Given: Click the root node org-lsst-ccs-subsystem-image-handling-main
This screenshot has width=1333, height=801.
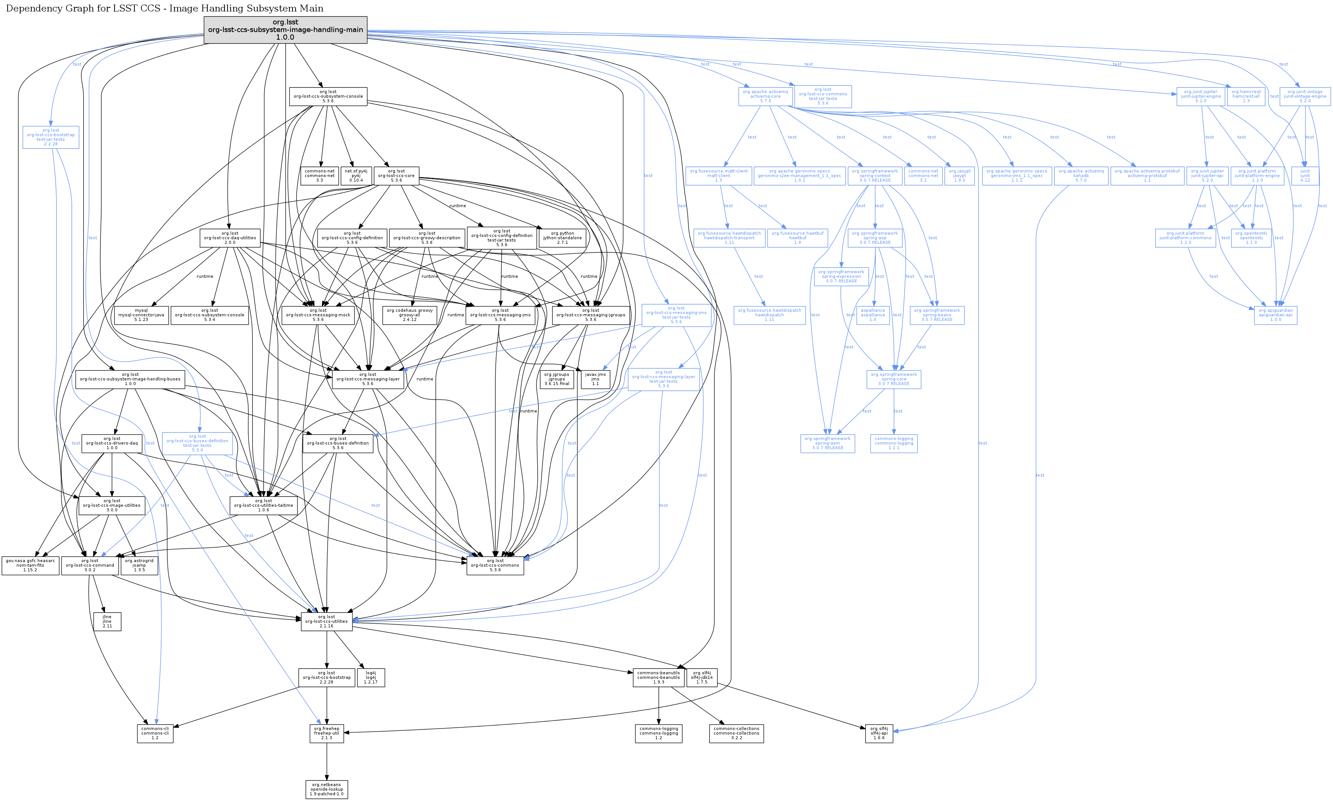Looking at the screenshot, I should click(285, 30).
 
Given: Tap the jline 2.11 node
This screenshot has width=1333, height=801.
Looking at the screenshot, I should click(107, 621).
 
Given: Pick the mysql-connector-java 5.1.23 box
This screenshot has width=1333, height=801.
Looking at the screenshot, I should click(141, 315).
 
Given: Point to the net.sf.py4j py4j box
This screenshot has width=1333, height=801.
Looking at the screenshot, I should click(356, 176).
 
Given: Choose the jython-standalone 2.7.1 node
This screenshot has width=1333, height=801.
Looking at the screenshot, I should click(562, 238).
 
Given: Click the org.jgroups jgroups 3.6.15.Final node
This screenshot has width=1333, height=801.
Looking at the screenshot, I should click(556, 379).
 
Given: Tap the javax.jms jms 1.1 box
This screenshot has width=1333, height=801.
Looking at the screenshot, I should click(595, 379).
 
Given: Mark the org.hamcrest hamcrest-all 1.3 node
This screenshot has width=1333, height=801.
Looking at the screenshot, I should click(1246, 97).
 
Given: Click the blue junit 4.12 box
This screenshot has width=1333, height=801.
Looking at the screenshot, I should click(1305, 176).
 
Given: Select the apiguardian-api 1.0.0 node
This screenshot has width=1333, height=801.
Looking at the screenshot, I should click(1275, 315).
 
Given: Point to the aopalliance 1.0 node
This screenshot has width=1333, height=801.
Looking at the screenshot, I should click(873, 315).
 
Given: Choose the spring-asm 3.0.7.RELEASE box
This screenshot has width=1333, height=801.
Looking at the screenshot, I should click(827, 443).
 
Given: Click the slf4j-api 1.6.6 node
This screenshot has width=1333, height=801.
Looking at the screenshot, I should click(879, 733).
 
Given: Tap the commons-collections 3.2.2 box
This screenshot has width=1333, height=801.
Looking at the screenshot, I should click(736, 733).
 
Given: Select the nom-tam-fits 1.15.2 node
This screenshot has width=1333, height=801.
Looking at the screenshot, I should click(30, 565).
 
